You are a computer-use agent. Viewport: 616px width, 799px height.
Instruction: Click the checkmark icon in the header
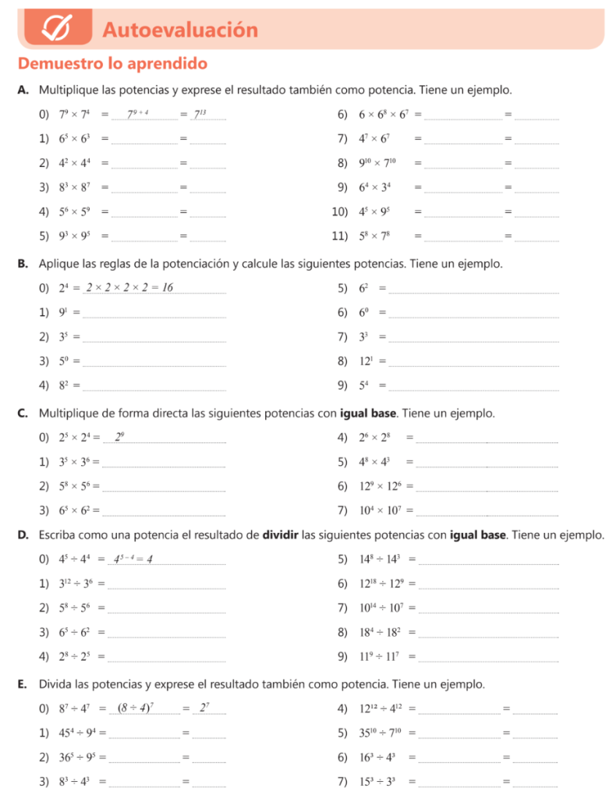[x=58, y=30]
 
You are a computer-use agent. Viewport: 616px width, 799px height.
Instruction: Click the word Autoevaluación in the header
[x=179, y=30]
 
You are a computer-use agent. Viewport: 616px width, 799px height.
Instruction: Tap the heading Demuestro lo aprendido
[x=112, y=63]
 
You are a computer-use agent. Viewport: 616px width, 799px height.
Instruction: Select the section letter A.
[x=23, y=90]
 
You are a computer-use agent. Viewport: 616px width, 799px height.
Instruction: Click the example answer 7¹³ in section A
[x=200, y=115]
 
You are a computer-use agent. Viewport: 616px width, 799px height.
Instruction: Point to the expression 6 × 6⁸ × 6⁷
[x=384, y=115]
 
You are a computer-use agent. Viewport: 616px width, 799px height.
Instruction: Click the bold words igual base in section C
[x=369, y=412]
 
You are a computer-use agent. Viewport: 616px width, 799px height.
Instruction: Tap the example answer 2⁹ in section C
[x=119, y=437]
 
